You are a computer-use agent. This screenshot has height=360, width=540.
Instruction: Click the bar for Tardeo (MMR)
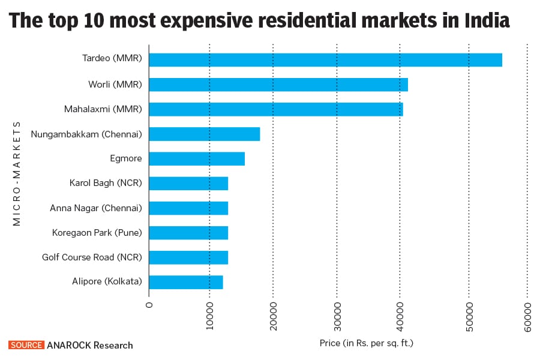click(x=325, y=60)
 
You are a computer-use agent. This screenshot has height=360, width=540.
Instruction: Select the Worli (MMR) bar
click(x=278, y=85)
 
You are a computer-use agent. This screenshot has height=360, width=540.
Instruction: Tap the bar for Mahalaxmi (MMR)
click(x=276, y=109)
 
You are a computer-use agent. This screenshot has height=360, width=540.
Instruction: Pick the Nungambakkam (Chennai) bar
click(x=205, y=134)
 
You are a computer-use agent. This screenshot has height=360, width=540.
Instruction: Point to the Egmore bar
click(x=197, y=158)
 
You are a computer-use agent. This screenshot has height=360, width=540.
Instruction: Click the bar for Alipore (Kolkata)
click(x=186, y=282)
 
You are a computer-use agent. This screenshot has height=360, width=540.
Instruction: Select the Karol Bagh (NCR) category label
click(x=106, y=183)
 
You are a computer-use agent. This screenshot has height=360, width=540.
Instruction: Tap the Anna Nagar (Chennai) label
click(x=96, y=208)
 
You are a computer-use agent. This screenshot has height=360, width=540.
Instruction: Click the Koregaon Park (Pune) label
click(x=96, y=233)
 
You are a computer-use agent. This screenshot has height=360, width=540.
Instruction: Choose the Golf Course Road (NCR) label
click(x=92, y=257)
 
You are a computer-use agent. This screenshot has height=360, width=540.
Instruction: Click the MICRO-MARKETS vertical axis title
click(x=17, y=173)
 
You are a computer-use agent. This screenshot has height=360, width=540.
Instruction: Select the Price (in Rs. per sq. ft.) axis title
click(x=367, y=343)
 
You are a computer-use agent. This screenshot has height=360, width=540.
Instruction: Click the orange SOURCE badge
click(x=26, y=345)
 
